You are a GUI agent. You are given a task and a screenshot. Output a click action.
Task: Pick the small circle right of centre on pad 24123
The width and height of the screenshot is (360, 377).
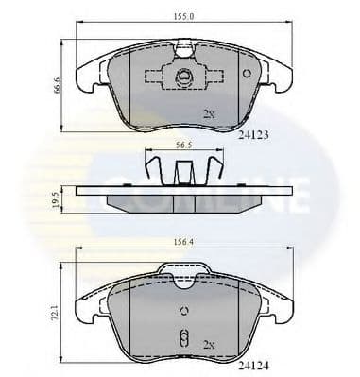(247, 73)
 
